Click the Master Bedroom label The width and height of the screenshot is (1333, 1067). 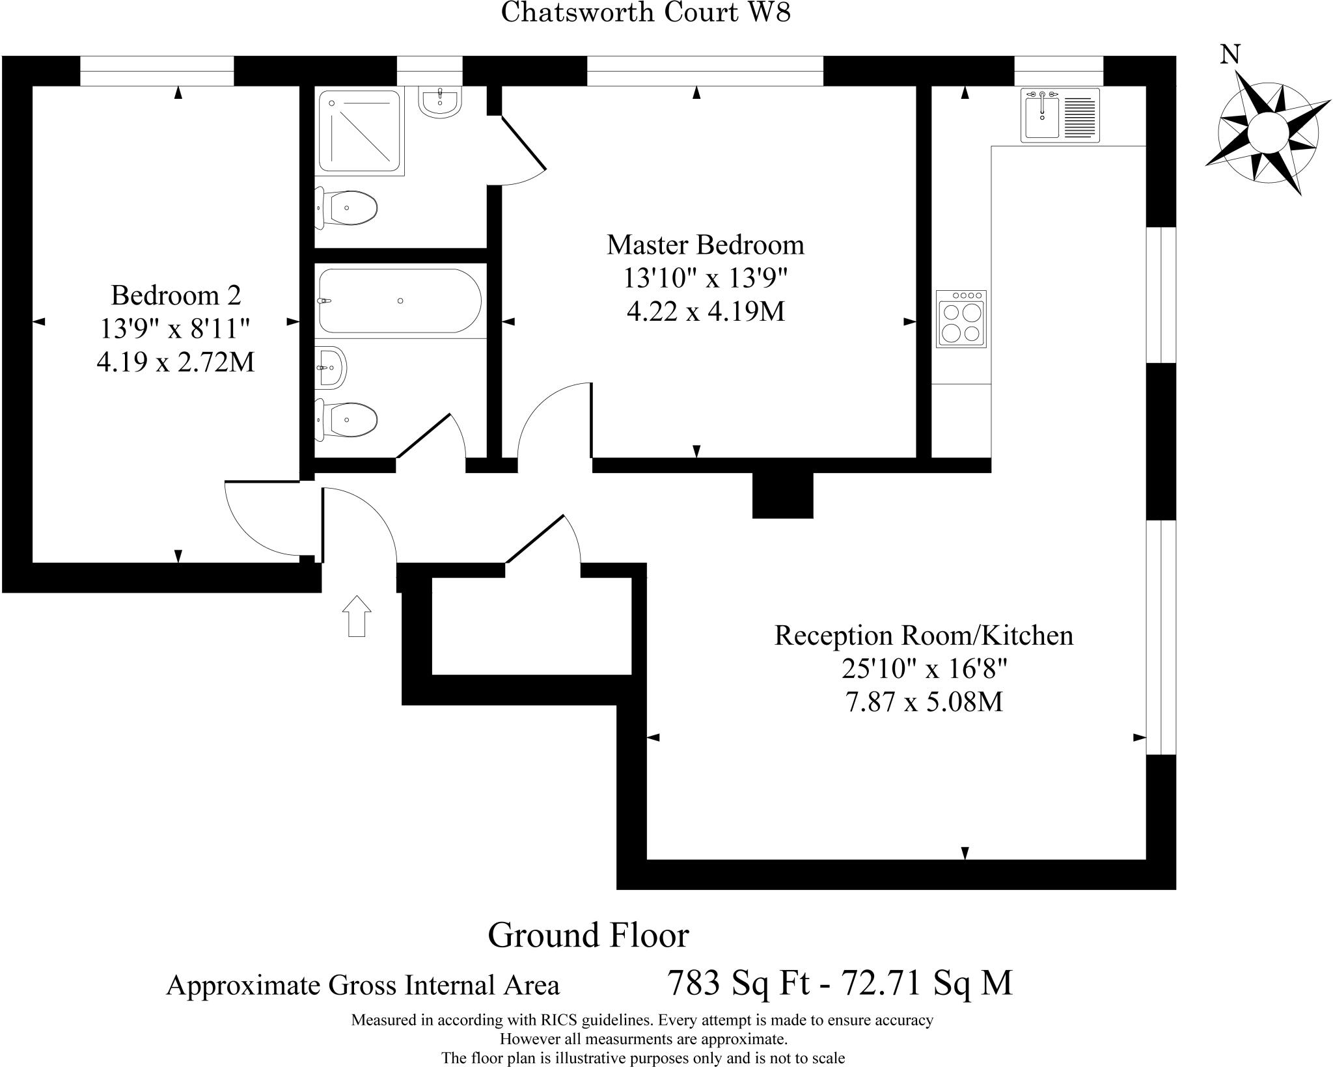(706, 245)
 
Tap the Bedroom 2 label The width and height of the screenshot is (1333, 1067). (176, 295)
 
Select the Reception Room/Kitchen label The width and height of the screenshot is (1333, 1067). (924, 635)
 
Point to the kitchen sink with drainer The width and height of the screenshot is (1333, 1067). (1060, 116)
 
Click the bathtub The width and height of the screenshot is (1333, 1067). (400, 301)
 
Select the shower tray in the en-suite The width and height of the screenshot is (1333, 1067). (359, 132)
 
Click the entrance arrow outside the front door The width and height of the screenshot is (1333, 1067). (357, 615)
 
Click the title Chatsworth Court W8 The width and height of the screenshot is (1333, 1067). (646, 12)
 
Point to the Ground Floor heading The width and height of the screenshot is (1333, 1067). (588, 935)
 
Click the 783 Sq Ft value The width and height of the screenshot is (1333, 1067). (738, 982)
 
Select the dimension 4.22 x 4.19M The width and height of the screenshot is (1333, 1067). (706, 312)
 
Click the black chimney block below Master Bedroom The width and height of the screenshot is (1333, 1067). (782, 496)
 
